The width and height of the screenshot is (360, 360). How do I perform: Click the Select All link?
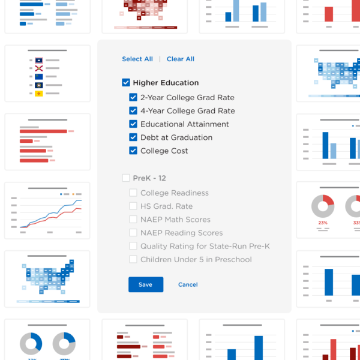137,59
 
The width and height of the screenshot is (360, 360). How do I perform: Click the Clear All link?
181,59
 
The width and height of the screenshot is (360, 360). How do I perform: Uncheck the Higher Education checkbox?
126,83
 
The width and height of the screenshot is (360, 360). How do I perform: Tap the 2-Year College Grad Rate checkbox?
133,97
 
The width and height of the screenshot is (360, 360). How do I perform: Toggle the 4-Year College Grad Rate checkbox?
133,110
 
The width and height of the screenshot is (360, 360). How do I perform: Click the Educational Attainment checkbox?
133,124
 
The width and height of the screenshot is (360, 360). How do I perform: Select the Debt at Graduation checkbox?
133,137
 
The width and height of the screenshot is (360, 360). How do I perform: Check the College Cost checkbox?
133,151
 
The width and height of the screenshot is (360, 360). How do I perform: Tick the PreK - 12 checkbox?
126,178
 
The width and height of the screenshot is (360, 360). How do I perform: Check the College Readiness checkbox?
133,193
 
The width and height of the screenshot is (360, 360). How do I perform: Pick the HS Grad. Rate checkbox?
133,206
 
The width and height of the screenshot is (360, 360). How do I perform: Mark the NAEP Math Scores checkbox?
133,220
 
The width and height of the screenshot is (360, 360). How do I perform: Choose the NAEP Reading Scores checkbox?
133,233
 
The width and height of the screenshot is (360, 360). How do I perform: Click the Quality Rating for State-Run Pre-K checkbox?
133,246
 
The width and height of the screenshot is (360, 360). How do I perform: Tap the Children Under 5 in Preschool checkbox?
133,259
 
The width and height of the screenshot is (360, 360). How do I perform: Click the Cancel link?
188,284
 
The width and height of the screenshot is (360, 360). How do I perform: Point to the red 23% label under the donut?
323,223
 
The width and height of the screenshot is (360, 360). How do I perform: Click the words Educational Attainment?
185,124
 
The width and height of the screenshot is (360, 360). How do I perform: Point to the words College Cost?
164,151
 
